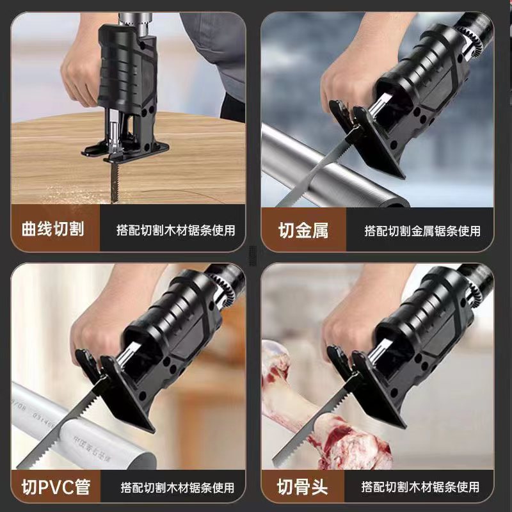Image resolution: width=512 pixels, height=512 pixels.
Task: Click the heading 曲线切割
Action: coord(53,228)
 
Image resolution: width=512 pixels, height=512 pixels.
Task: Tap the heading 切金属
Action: coord(303,230)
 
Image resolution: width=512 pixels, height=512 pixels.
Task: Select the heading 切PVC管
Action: coord(56,487)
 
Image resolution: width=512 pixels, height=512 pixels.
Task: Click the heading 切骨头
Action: coord(302,487)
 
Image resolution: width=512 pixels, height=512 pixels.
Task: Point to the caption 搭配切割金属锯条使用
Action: coord(422,231)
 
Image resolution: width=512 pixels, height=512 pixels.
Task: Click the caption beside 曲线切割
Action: coord(176,230)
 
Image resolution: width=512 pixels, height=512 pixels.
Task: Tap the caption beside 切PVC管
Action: coord(178,488)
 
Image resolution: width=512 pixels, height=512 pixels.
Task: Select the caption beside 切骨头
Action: coord(420,487)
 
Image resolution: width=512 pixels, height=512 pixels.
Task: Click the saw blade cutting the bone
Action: coord(314,424)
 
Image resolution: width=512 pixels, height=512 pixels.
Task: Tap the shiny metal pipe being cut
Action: coord(330,170)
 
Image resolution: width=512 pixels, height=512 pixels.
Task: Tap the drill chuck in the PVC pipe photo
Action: coord(222,287)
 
